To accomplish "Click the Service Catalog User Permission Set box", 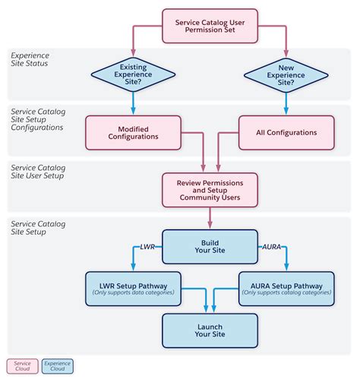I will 210,27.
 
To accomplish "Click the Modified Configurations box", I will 133,132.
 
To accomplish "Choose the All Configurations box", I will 286,132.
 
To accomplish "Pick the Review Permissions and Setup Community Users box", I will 210,189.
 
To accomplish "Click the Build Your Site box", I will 210,248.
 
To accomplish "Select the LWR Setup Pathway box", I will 133,288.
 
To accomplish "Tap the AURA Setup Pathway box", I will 286,288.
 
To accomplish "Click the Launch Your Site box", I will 210,330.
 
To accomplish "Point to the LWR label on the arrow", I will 147,248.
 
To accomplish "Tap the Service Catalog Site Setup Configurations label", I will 38,119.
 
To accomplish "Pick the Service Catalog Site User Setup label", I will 38,171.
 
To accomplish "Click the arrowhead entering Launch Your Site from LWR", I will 204,310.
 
